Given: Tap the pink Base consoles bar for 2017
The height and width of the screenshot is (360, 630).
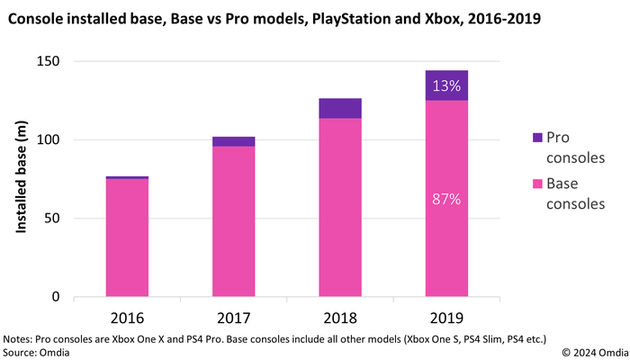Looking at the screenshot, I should tap(233, 221).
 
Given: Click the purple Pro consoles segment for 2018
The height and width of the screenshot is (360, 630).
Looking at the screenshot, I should tap(339, 109).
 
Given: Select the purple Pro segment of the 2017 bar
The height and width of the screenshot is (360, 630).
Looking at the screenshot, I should tap(233, 141).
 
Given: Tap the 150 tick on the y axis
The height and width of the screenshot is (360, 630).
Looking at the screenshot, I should tap(49, 61).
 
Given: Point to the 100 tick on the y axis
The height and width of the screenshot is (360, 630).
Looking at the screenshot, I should tap(49, 139).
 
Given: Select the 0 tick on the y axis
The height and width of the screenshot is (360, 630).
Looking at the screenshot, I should tap(57, 297).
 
